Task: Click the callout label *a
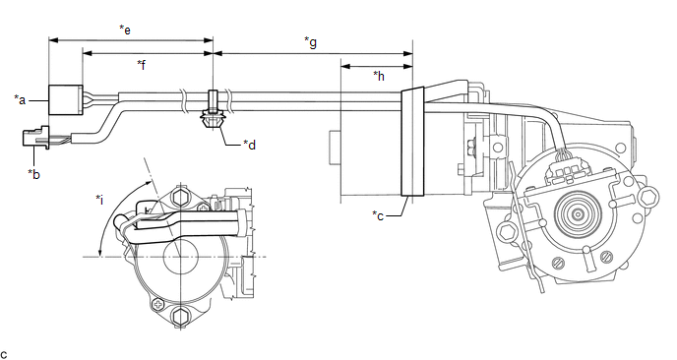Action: click(x=20, y=99)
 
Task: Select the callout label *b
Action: click(x=33, y=174)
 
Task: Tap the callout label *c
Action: click(x=378, y=215)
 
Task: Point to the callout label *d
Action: click(x=250, y=145)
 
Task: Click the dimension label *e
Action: click(x=125, y=30)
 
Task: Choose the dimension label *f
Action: click(x=141, y=65)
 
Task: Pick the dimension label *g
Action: click(x=310, y=42)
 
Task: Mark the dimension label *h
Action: click(x=379, y=76)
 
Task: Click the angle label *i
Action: click(x=99, y=200)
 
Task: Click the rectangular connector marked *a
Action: click(x=65, y=99)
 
